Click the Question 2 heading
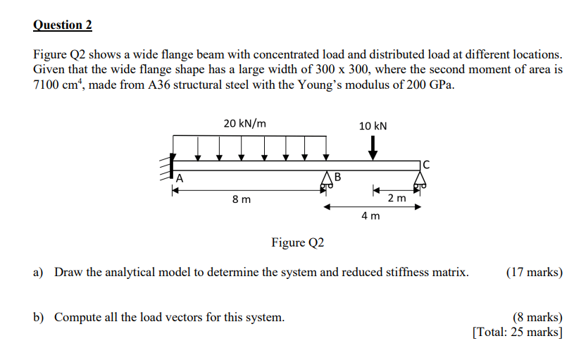click(63, 25)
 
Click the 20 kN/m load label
click(245, 123)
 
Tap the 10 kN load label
click(373, 126)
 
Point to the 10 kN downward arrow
click(373, 147)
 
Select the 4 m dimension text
click(370, 216)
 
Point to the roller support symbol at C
click(421, 180)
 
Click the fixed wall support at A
click(170, 167)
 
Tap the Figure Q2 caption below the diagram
click(298, 243)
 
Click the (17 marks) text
click(535, 272)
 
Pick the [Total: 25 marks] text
click(518, 332)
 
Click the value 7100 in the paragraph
click(48, 85)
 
